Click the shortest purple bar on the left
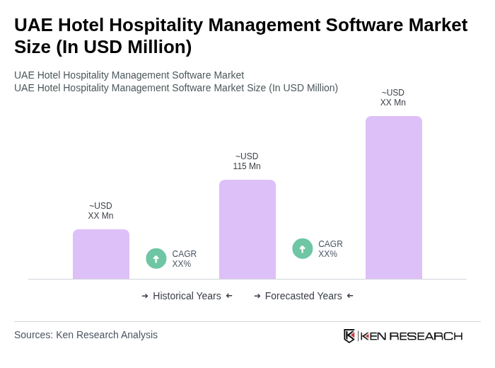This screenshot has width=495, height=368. (x=101, y=254)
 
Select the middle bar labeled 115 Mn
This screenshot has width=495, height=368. (x=247, y=229)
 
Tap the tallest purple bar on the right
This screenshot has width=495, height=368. (x=393, y=197)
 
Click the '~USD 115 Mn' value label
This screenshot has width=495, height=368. (x=247, y=161)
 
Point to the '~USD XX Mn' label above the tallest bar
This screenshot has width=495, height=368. (x=393, y=98)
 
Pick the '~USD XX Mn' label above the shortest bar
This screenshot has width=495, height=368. (x=100, y=211)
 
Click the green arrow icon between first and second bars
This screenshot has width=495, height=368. (x=156, y=258)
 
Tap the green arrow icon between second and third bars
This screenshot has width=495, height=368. (x=303, y=248)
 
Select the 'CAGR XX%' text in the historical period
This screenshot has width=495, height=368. (x=184, y=259)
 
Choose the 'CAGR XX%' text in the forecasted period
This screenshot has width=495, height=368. (x=330, y=249)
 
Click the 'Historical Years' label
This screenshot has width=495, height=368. (x=187, y=296)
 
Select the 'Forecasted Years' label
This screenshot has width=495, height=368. (x=303, y=296)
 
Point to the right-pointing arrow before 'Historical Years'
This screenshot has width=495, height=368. (x=145, y=296)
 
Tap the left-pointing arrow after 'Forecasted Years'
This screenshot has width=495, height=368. (x=350, y=296)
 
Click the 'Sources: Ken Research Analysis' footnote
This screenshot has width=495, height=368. (x=86, y=335)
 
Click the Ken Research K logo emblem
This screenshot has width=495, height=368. (x=349, y=335)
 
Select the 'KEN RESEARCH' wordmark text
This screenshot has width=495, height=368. (x=412, y=335)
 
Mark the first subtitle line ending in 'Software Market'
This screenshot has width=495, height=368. (x=129, y=75)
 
